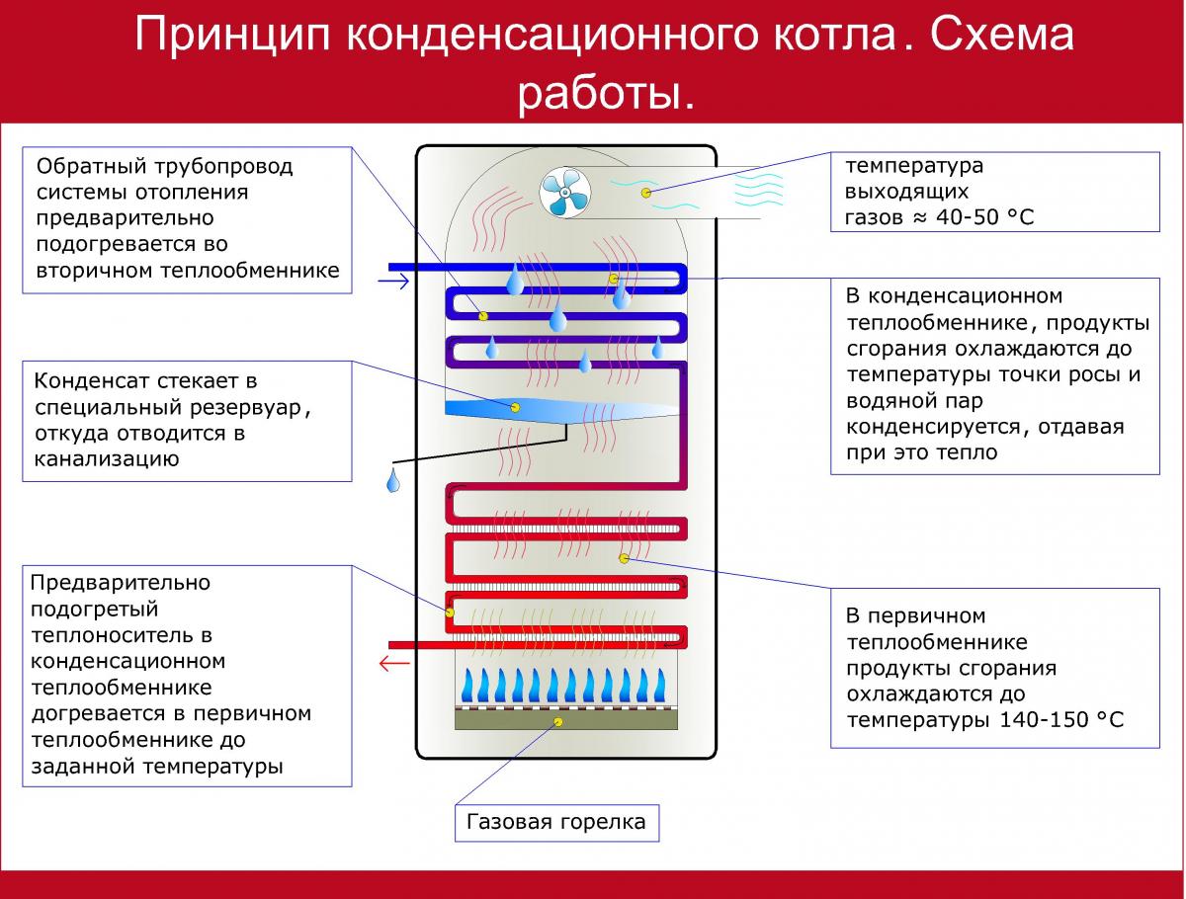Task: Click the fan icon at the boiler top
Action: click(x=565, y=191)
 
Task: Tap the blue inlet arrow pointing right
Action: click(x=393, y=283)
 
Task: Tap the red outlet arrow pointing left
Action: click(x=394, y=662)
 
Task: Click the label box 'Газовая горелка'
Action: click(x=556, y=822)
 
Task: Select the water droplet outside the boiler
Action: click(x=393, y=481)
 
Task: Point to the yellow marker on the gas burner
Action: click(x=559, y=722)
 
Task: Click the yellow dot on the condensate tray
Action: click(x=515, y=406)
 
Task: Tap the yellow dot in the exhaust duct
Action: click(x=646, y=193)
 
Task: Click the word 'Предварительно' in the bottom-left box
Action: click(x=121, y=583)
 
